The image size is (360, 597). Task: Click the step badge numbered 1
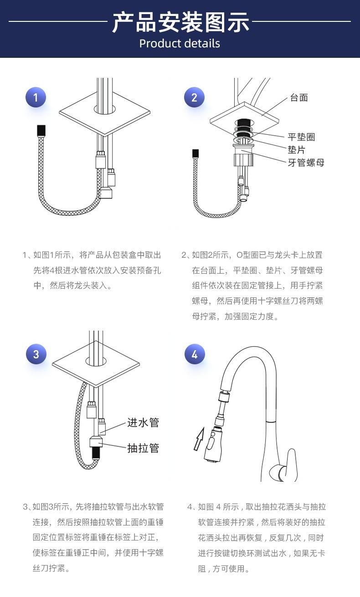click(36, 97)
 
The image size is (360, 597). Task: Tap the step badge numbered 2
click(195, 97)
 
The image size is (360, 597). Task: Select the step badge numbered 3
click(36, 354)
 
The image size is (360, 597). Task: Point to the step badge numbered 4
click(195, 354)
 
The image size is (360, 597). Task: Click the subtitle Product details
click(180, 44)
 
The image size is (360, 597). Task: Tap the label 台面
click(299, 97)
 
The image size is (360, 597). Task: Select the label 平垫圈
click(301, 137)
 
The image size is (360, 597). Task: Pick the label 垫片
click(296, 150)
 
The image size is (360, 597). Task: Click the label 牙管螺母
click(306, 163)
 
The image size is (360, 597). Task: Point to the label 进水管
click(143, 423)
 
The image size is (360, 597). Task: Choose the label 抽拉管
click(143, 448)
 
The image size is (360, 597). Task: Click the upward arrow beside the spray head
click(199, 440)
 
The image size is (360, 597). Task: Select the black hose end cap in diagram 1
click(41, 130)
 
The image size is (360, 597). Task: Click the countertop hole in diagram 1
click(105, 109)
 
